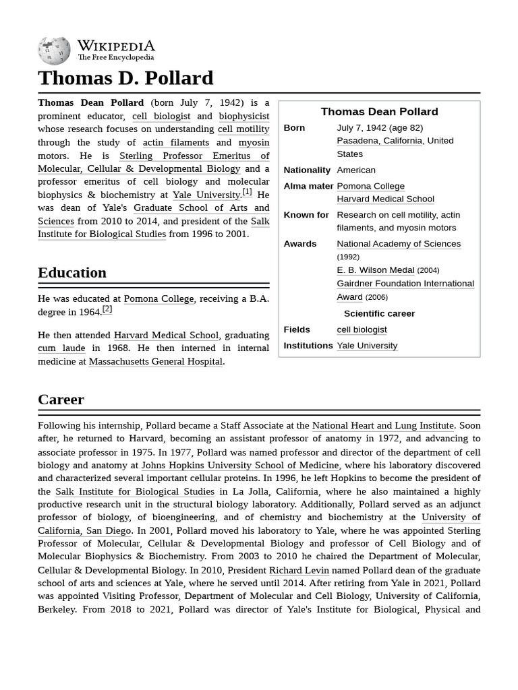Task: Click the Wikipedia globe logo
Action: (54, 51)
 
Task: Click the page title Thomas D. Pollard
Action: (125, 78)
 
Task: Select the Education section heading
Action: (72, 273)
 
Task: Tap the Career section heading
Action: (61, 400)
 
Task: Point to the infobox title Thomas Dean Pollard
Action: (379, 112)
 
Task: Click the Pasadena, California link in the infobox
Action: (380, 141)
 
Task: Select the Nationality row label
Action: (307, 170)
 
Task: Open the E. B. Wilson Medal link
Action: (375, 270)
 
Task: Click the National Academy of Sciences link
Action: (399, 244)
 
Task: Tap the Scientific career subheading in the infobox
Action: (379, 314)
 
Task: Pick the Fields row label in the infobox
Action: (297, 330)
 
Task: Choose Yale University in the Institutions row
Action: (367, 346)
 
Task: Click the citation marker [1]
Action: (247, 192)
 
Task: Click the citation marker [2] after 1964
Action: (107, 309)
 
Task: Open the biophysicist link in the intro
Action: (243, 117)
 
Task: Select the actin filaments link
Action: (176, 143)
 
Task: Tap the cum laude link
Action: (61, 348)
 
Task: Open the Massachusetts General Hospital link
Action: (155, 362)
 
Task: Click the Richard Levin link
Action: (299, 571)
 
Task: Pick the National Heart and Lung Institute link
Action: (382, 426)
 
